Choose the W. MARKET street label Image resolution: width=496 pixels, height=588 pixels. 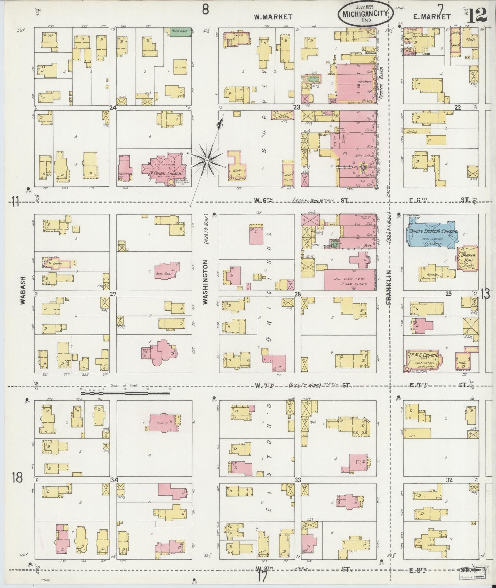point(273,16)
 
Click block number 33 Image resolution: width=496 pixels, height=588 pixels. point(297,480)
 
